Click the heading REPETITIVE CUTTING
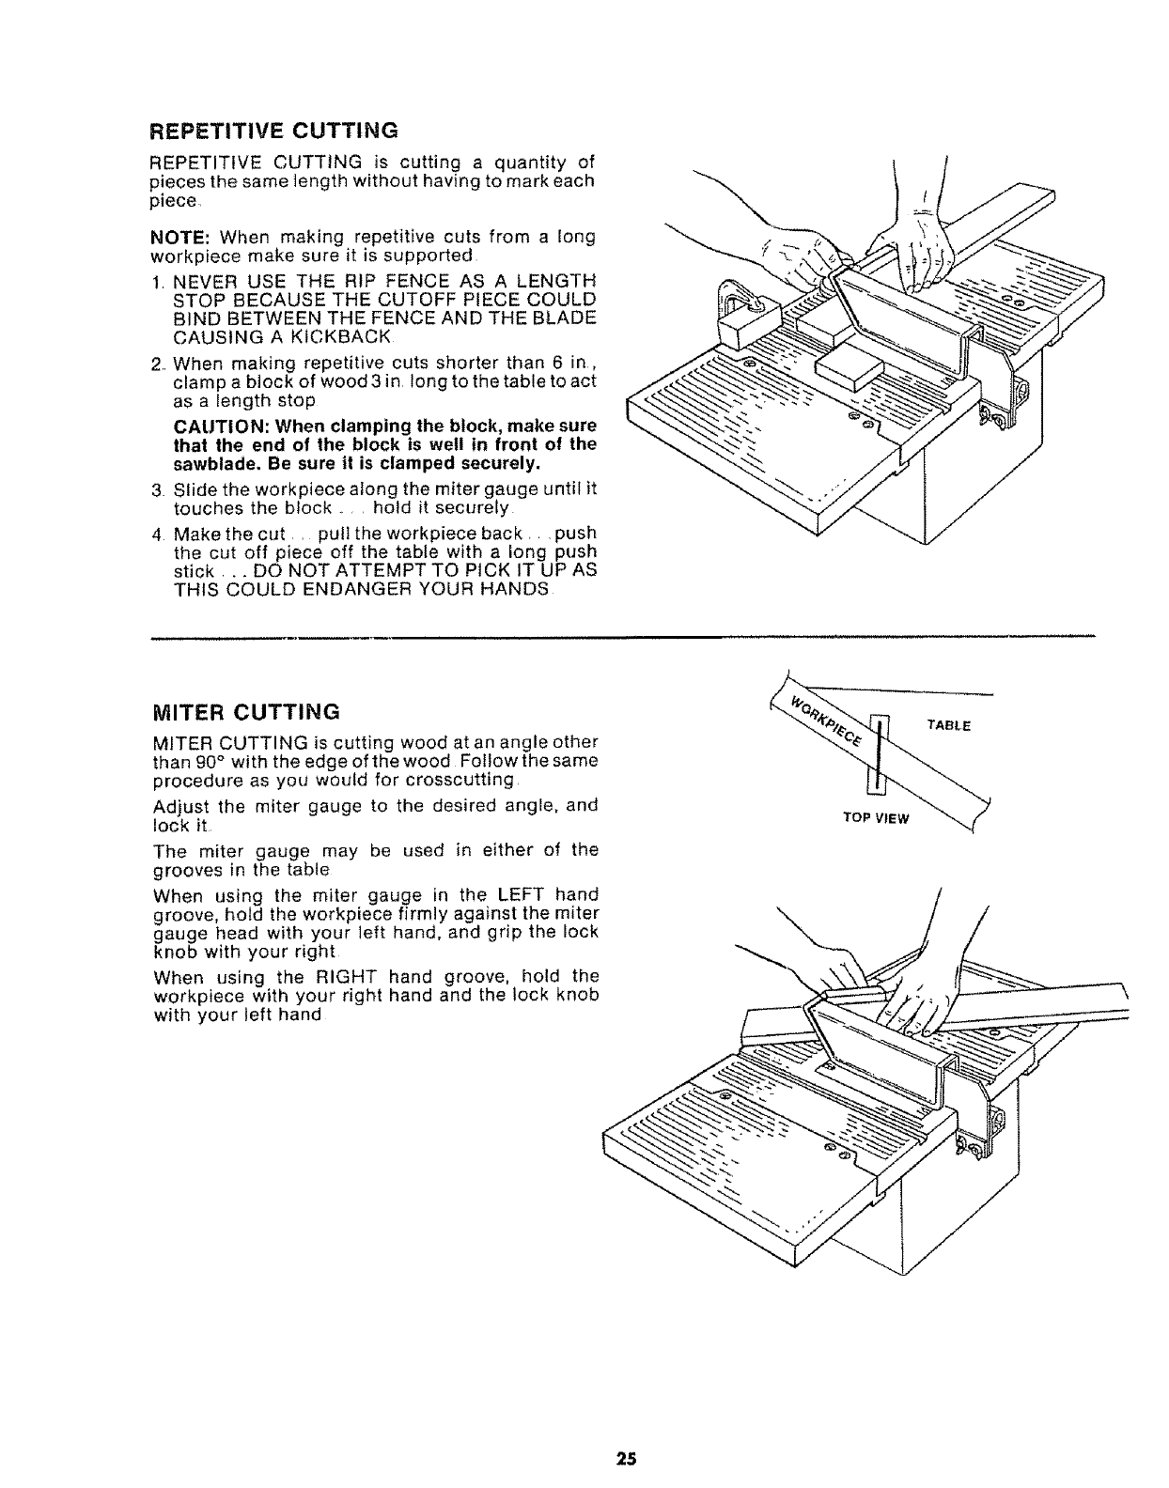pos(274,129)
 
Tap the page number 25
pos(627,1459)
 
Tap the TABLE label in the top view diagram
pos(947,725)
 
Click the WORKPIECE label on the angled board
pos(826,721)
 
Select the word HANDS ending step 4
pos(512,589)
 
